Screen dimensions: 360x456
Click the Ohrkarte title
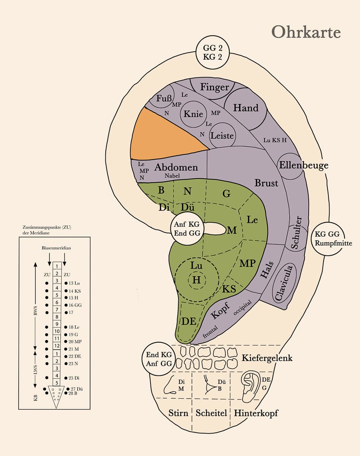tap(306, 32)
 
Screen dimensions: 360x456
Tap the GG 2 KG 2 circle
tap(213, 52)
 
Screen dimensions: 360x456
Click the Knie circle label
tap(193, 114)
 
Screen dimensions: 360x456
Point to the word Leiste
tap(222, 136)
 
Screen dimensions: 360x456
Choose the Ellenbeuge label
tap(304, 166)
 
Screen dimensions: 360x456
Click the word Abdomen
tap(176, 167)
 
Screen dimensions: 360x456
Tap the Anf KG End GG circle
tap(187, 229)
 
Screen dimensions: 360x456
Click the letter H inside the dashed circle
tap(196, 280)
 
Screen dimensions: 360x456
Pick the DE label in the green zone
tap(189, 321)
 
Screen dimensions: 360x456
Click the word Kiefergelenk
tap(267, 358)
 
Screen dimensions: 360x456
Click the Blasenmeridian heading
tap(56, 248)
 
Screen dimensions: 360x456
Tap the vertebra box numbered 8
tap(57, 317)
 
